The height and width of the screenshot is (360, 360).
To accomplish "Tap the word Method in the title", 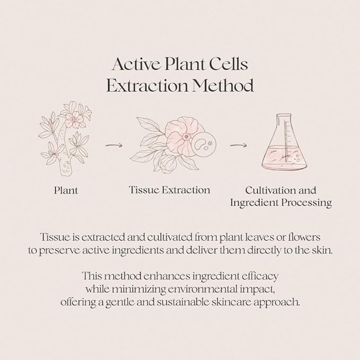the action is coord(223,85).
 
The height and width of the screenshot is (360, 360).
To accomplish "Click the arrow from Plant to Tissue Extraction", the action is coord(114,145).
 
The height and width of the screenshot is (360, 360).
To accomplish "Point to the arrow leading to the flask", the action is coord(238,145).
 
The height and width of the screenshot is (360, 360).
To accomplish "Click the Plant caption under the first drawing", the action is coord(66,190).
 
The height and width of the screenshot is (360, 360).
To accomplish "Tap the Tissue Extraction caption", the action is coord(170,190).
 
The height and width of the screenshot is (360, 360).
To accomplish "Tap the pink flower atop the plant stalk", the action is coord(74,119).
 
